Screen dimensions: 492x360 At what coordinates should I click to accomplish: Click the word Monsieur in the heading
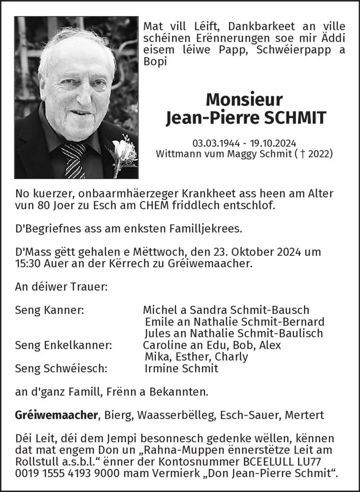coord(245,100)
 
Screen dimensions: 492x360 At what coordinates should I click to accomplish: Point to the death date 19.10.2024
coord(273,143)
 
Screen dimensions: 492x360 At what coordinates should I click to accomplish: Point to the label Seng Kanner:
coord(49,310)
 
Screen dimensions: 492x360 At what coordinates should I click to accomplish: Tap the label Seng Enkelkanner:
coord(64,345)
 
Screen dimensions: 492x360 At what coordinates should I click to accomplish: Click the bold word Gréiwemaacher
coord(57,416)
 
